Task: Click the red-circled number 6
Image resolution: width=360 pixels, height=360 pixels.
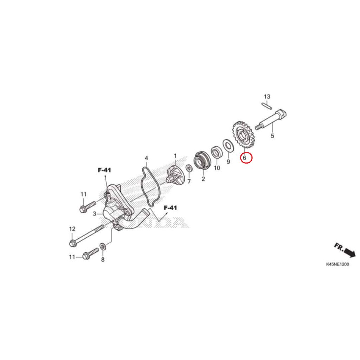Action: [246, 158]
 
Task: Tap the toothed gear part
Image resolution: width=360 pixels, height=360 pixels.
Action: [244, 135]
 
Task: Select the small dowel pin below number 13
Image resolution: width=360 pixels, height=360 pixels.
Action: [267, 104]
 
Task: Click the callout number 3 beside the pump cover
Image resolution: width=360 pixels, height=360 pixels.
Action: [95, 214]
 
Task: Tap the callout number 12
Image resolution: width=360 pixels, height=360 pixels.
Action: [72, 229]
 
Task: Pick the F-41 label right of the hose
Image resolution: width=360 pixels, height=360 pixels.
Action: [170, 208]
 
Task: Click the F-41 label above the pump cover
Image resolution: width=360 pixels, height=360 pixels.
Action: [104, 170]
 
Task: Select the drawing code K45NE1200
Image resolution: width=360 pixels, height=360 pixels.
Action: [337, 265]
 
